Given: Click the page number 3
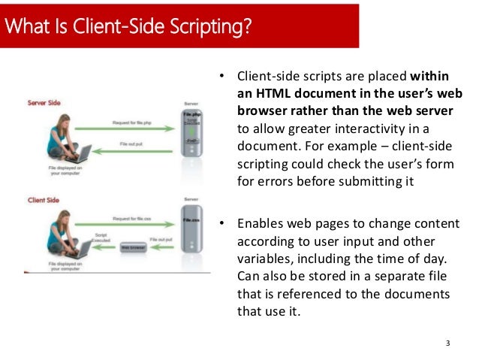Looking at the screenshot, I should coord(447,343).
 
